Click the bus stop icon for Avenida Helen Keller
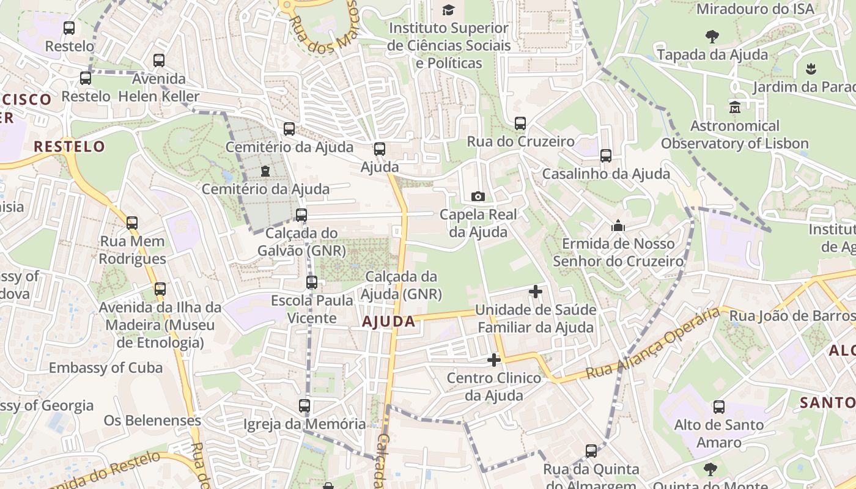click(x=159, y=61)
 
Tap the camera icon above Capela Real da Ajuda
click(x=478, y=196)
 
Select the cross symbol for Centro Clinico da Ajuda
click(x=494, y=360)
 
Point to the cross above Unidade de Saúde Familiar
click(x=536, y=292)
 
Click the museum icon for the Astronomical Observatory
click(x=734, y=108)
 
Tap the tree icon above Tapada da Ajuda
click(x=712, y=37)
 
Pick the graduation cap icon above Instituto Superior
click(x=449, y=10)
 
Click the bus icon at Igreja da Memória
click(x=304, y=405)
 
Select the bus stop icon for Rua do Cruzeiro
click(x=520, y=123)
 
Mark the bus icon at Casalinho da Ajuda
click(x=606, y=156)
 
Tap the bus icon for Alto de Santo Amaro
click(x=719, y=407)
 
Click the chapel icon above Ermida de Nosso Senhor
click(x=618, y=226)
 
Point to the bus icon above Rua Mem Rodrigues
click(x=132, y=223)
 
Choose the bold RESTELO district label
click(x=69, y=147)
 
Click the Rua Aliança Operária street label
click(x=653, y=344)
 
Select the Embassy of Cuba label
click(x=106, y=368)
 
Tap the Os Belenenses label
click(x=152, y=421)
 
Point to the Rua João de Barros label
click(x=792, y=316)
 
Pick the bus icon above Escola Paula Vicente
click(x=312, y=282)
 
